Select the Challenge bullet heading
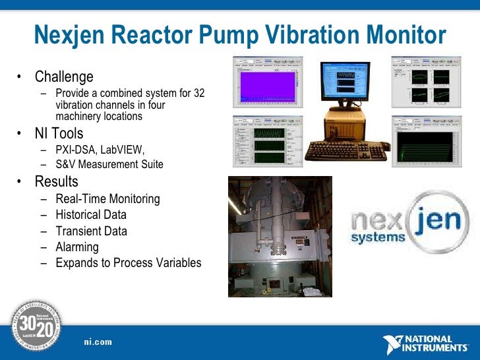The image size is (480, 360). pyautogui.click(x=64, y=77)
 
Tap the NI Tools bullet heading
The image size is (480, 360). pyautogui.click(x=59, y=134)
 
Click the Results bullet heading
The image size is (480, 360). pyautogui.click(x=56, y=181)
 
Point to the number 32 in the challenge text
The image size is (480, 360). pyautogui.click(x=198, y=94)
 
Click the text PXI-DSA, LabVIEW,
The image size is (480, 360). pyautogui.click(x=100, y=149)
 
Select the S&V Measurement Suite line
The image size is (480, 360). pyautogui.click(x=109, y=164)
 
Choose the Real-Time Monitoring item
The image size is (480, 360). pyautogui.click(x=107, y=198)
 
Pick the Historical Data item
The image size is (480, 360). pyautogui.click(x=91, y=215)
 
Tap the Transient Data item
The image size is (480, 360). pyautogui.click(x=91, y=231)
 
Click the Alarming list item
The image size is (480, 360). pyautogui.click(x=77, y=247)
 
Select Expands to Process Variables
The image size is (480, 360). pyautogui.click(x=128, y=263)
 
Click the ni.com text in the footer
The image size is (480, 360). pyautogui.click(x=98, y=342)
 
